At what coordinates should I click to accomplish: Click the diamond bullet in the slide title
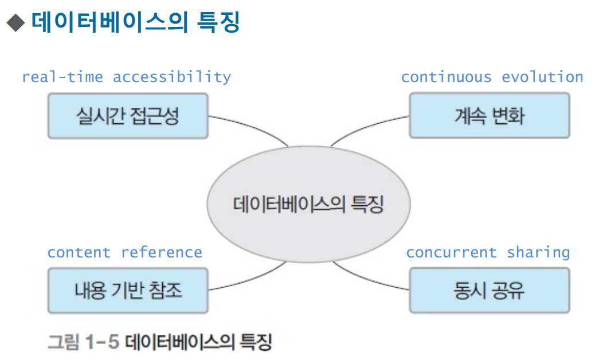click(x=15, y=24)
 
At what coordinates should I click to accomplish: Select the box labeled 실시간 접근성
click(x=128, y=116)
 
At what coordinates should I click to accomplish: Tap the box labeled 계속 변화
click(x=489, y=116)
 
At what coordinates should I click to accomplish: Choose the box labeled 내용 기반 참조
click(x=128, y=291)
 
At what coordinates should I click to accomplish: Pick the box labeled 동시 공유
click(x=489, y=291)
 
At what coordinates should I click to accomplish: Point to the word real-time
click(x=62, y=77)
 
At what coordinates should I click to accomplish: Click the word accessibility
click(x=172, y=77)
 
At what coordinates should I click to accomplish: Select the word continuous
click(x=446, y=77)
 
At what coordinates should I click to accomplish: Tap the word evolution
click(x=542, y=77)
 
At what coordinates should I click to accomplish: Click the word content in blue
click(x=79, y=252)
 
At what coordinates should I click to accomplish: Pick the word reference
click(x=162, y=252)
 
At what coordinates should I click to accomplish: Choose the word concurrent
click(x=451, y=252)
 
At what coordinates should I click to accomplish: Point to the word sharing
click(x=538, y=252)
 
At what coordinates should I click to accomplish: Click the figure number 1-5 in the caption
click(x=101, y=342)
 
